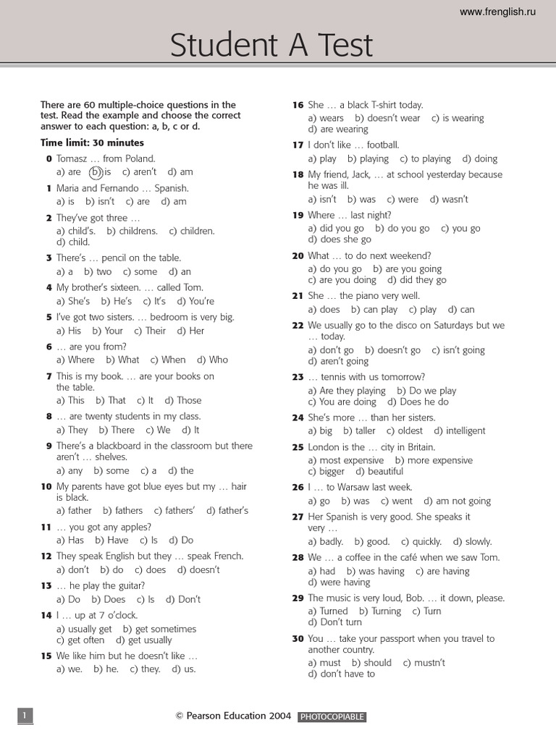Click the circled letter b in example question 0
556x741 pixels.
tap(96, 172)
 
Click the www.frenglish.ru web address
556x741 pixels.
tap(497, 12)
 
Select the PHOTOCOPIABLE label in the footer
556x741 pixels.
tap(332, 717)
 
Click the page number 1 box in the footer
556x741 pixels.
tap(25, 716)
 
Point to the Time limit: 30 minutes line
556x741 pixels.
tap(93, 143)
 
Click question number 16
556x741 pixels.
tap(298, 105)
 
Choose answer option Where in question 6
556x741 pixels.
tap(80, 360)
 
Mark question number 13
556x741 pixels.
tap(47, 585)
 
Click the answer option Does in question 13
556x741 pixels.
tap(114, 599)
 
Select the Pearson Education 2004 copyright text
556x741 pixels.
tap(233, 716)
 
